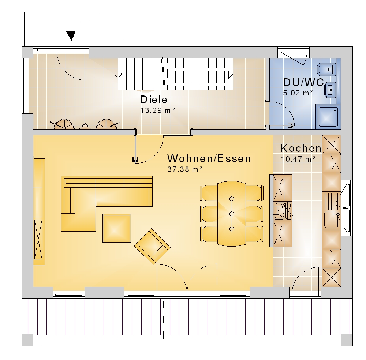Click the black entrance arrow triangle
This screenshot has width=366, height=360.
pos(71,35)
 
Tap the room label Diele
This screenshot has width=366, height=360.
pos(154,100)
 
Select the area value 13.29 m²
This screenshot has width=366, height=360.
pos(157,110)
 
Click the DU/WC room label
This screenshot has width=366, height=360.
pos(303,82)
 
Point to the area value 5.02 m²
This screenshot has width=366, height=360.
pos(298,93)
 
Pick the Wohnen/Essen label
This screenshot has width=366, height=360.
pos(209,158)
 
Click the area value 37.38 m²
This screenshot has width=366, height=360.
pos(184,169)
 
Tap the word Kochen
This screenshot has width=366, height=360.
pos(300,148)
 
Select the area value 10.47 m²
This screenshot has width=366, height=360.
pos(298,159)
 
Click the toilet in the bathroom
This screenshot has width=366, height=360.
pos(326,70)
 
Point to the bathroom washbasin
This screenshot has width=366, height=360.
pos(330,90)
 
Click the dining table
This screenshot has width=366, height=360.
pos(232,214)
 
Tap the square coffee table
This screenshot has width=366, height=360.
pos(117,228)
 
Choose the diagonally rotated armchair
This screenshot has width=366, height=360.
pos(152,247)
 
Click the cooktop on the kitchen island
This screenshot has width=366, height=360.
pos(283,211)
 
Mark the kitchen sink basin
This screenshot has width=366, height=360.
pos(331,219)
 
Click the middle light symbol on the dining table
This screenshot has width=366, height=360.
pos(232,214)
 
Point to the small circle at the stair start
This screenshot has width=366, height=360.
pos(118,74)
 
